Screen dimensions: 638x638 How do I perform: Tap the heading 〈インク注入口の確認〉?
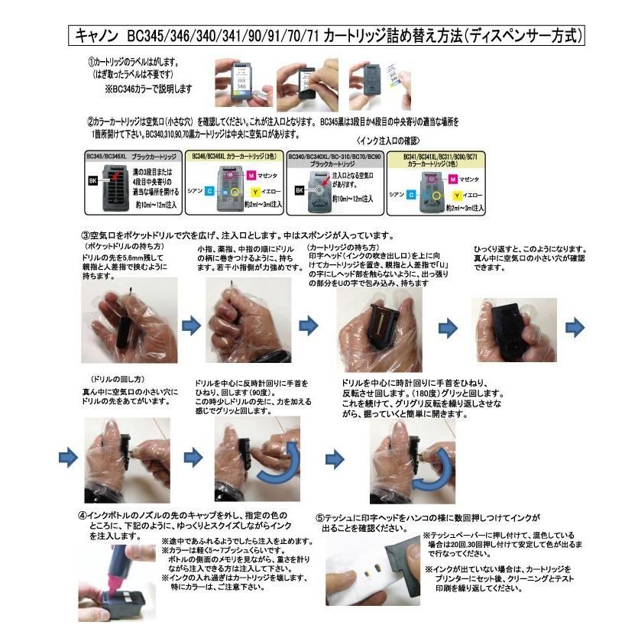[387, 141]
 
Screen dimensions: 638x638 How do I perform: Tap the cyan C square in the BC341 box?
[410, 195]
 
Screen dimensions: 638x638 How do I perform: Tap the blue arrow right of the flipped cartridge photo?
[574, 327]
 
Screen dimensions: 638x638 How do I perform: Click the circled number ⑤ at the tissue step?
[321, 517]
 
